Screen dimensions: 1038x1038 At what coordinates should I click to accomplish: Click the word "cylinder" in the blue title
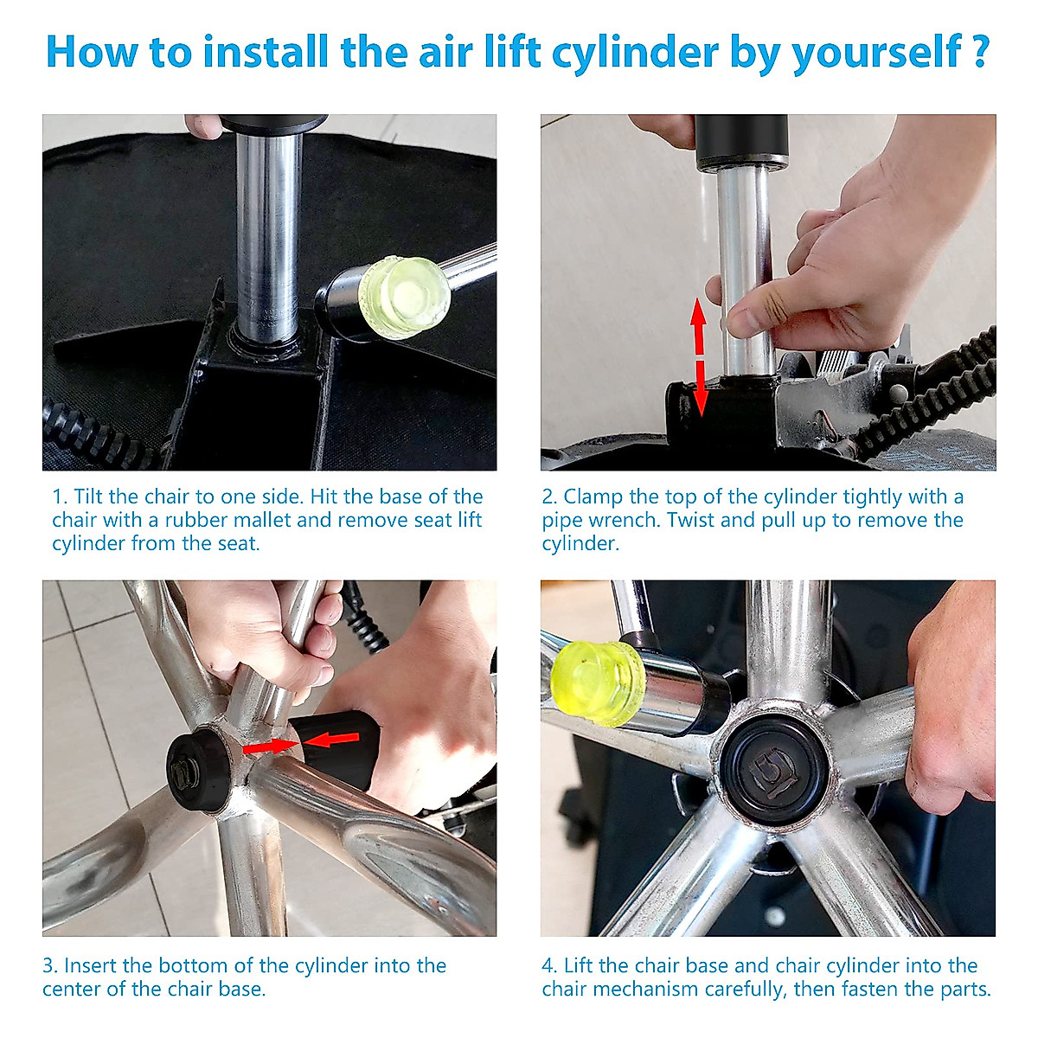635,54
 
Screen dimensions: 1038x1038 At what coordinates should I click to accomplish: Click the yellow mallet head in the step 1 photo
404,297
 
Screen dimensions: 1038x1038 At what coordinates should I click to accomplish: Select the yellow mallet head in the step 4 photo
599,682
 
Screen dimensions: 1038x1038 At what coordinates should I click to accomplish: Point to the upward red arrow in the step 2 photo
699,326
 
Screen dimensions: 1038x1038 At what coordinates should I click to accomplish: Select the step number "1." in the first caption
60,497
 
